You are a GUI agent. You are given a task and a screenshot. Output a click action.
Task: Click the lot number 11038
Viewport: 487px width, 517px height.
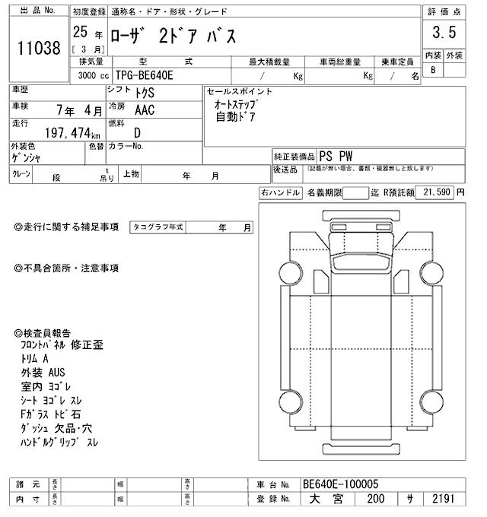[x=38, y=49]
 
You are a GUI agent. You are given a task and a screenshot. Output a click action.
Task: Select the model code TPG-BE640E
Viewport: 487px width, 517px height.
[x=148, y=76]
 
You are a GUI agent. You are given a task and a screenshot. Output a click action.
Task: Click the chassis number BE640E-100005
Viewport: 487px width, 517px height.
[x=340, y=484]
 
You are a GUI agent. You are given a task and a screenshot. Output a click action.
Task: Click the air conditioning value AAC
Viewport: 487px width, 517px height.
[x=145, y=109]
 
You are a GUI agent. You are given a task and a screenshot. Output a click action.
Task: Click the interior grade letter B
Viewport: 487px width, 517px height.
[x=433, y=70]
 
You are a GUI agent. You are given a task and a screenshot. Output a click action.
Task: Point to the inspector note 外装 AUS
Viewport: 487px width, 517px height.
[x=43, y=373]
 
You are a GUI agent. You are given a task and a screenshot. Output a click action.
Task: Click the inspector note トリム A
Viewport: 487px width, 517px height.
[x=36, y=359]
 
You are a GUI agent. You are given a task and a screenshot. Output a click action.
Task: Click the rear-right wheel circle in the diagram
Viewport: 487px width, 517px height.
[x=431, y=403]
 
